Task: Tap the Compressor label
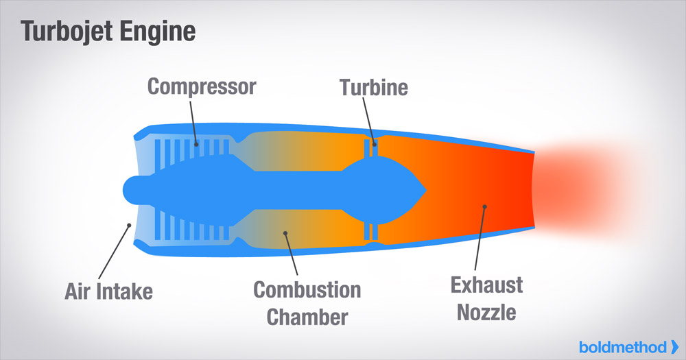click(x=202, y=86)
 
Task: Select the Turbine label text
click(x=374, y=87)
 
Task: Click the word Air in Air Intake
click(x=78, y=291)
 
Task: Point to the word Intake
click(x=125, y=291)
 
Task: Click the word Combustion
click(x=307, y=289)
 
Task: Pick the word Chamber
click(x=307, y=317)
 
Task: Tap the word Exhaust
click(x=486, y=285)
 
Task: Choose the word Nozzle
click(x=486, y=312)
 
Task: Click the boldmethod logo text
click(x=623, y=348)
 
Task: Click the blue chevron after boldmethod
click(x=674, y=348)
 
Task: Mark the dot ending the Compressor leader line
click(x=196, y=145)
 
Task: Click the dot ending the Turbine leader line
click(x=375, y=145)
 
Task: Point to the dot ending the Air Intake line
click(x=129, y=226)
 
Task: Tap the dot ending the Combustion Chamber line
click(x=285, y=233)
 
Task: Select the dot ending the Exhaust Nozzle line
click(x=484, y=206)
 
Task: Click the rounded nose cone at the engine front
click(x=134, y=190)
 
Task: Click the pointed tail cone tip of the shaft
click(x=426, y=190)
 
